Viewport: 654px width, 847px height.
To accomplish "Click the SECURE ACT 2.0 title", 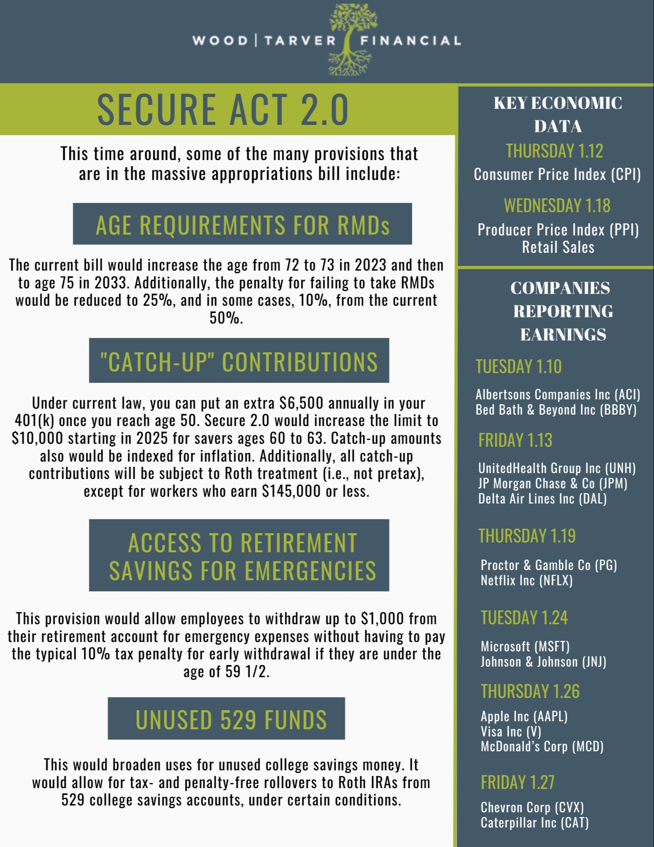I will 223,109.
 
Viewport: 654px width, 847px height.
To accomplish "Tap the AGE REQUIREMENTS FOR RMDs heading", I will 242,224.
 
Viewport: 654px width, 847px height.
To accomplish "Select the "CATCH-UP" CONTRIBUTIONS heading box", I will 239,361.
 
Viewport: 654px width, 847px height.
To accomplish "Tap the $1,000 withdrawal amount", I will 382,618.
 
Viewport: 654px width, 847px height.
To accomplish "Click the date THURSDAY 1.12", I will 554,151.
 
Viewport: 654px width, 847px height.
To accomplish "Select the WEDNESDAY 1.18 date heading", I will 557,206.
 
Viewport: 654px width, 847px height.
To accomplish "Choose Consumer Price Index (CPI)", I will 557,174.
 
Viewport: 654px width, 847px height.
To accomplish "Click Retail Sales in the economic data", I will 558,247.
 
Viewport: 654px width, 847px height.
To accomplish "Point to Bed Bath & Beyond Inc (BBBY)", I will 556,410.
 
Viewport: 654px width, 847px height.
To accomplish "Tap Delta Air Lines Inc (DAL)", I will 542,499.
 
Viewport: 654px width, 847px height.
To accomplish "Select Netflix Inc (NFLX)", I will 527,580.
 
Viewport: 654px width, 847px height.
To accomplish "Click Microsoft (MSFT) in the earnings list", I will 525,646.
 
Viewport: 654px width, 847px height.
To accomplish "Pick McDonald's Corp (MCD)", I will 542,746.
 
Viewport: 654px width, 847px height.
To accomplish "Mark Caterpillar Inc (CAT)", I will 535,822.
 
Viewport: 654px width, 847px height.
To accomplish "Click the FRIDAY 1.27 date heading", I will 517,782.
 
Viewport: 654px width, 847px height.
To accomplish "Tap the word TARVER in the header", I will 300,41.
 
